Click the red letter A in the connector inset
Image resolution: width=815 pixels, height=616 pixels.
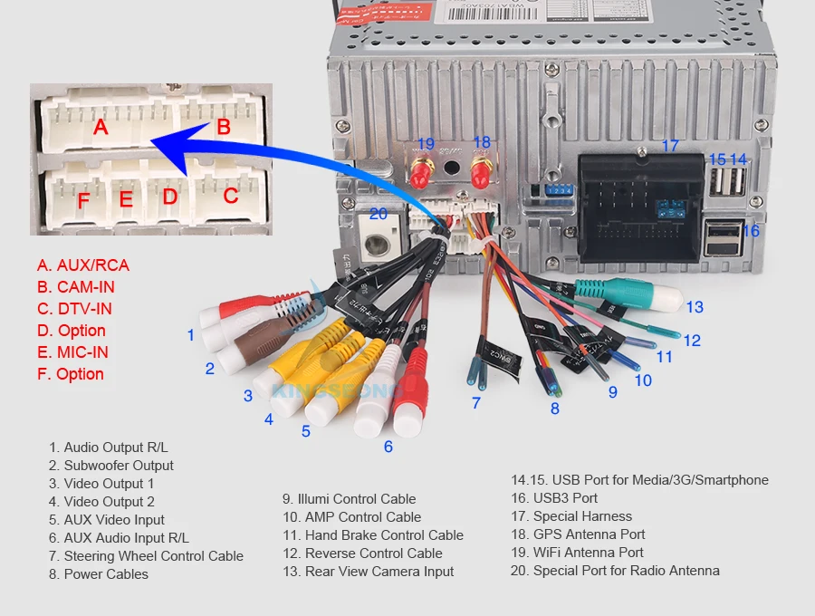tap(101, 127)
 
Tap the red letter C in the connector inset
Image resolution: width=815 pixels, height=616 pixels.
tap(231, 195)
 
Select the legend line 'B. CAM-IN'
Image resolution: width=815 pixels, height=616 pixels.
tap(76, 287)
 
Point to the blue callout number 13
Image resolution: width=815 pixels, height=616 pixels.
tap(694, 307)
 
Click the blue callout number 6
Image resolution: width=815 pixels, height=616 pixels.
tap(388, 446)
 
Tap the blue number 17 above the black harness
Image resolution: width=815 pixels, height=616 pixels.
tap(669, 146)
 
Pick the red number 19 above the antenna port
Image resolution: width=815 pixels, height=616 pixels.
tap(425, 143)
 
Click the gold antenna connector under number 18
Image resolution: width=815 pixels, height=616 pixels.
tap(482, 170)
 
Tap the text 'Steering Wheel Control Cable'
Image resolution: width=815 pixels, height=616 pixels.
tap(146, 556)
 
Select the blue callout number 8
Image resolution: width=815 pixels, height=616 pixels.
tap(554, 409)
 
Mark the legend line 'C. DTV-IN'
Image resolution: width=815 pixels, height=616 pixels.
tap(74, 309)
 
